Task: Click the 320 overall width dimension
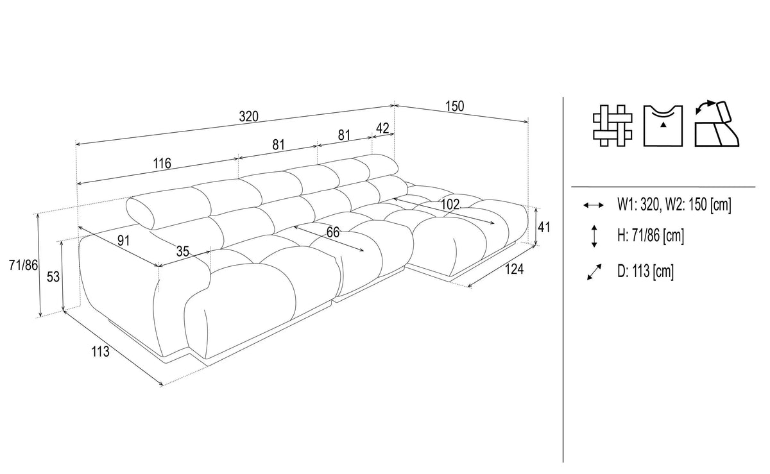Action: [x=248, y=117]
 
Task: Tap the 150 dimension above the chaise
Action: [x=454, y=106]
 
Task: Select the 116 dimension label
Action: [x=162, y=164]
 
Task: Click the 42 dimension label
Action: [x=382, y=128]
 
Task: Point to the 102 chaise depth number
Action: [x=450, y=205]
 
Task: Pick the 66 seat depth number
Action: [x=333, y=232]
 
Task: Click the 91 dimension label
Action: [x=123, y=241]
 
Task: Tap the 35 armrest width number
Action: [x=182, y=251]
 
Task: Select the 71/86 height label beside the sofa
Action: [x=23, y=265]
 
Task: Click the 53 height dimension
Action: [x=53, y=276]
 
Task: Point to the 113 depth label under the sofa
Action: [x=100, y=351]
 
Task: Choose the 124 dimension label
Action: [x=514, y=269]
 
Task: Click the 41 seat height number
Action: [x=544, y=227]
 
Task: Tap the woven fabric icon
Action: [x=612, y=126]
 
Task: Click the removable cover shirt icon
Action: [x=663, y=126]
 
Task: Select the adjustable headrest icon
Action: [x=717, y=124]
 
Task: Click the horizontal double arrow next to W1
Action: [x=594, y=205]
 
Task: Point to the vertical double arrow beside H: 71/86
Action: [x=594, y=236]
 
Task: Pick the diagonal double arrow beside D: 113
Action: [x=594, y=272]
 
